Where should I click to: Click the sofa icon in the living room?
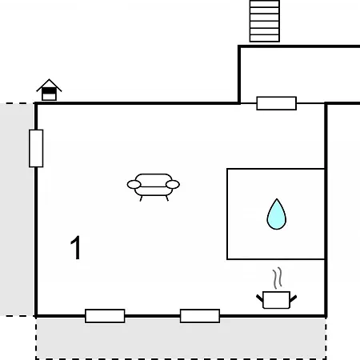tap(154, 187)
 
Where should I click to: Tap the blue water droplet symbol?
tap(277, 214)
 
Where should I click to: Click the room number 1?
tap(76, 247)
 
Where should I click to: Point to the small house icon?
tap(49, 90)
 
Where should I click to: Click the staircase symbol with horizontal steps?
tap(265, 21)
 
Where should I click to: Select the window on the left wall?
tap(36, 149)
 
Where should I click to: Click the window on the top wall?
tap(277, 103)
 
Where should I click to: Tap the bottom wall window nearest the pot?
tap(200, 316)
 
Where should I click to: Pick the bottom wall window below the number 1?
tap(105, 316)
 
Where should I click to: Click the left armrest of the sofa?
tap(134, 185)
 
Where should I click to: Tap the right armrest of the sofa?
tap(173, 185)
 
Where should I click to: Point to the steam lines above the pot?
tap(278, 278)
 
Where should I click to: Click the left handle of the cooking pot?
tap(260, 298)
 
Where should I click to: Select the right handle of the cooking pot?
tap(293, 298)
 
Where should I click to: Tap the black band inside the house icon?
tap(49, 91)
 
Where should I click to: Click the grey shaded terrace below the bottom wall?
tap(181, 338)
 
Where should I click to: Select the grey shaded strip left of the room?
tap(17, 210)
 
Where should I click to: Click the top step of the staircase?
tap(265, 4)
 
